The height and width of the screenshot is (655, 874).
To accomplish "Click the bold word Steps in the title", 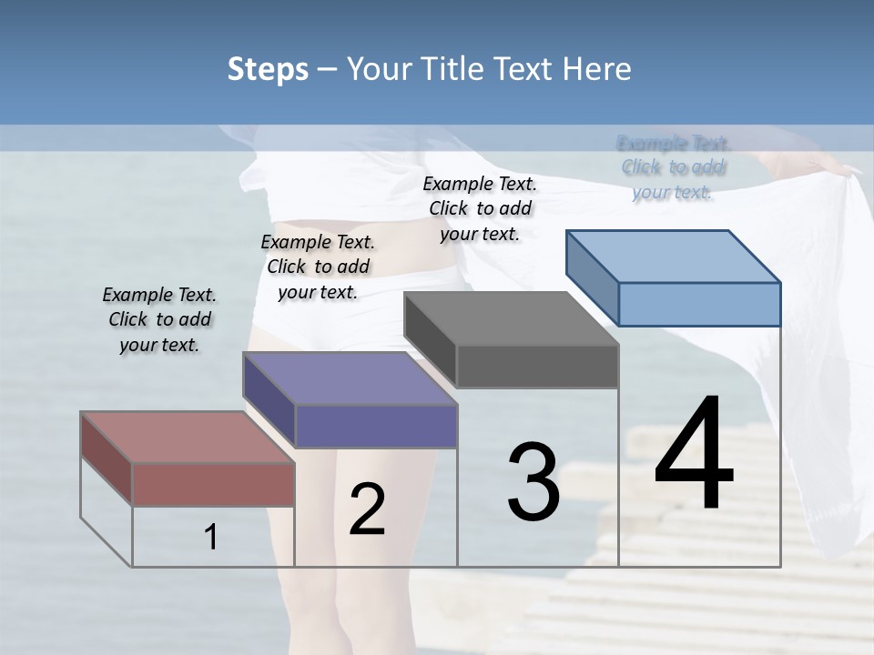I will (267, 69).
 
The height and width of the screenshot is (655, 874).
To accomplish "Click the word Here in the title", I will (597, 69).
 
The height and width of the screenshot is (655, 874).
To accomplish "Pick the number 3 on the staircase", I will (533, 481).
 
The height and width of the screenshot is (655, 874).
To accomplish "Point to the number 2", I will (367, 509).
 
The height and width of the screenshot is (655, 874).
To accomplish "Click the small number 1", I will (211, 538).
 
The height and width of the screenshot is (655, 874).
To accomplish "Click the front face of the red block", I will (213, 484).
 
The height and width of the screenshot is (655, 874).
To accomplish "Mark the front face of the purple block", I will (376, 426).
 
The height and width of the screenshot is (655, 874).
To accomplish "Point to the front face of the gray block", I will (537, 367).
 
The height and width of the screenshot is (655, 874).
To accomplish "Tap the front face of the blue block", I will (699, 304).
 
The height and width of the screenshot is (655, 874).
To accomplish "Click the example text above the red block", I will (159, 319).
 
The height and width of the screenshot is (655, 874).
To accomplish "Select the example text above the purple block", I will (318, 267).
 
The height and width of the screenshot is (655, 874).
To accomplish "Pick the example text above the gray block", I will (480, 208).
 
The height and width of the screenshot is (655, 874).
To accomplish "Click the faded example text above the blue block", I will (673, 167).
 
